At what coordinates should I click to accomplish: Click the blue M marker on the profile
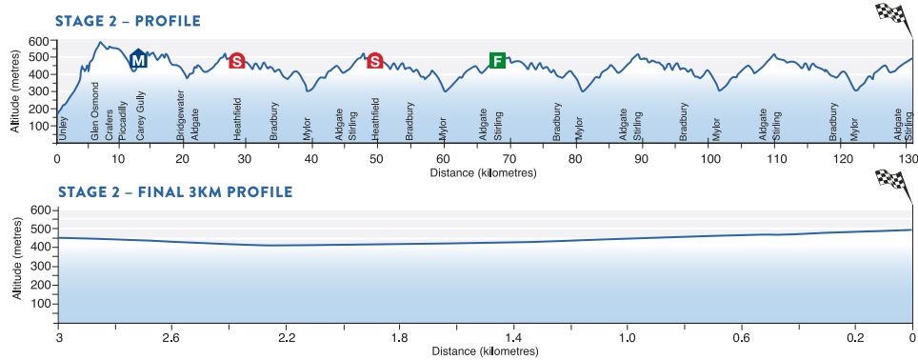(x=139, y=60)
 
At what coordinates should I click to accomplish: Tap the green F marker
(x=496, y=61)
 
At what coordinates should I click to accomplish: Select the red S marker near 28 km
(x=237, y=61)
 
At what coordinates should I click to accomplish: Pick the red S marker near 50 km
(x=375, y=61)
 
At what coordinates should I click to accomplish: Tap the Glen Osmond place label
(x=94, y=125)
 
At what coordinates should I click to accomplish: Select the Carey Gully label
(x=140, y=122)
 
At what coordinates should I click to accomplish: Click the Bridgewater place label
(x=180, y=117)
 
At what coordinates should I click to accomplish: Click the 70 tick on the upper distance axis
(x=509, y=158)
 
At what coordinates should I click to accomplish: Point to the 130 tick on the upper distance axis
(x=908, y=158)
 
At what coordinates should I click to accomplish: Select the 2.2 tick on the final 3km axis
(x=286, y=337)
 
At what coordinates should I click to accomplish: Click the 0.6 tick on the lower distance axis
(x=741, y=337)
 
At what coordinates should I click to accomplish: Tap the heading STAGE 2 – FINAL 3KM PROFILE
(x=175, y=191)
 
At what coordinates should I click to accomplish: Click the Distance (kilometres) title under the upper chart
(x=482, y=173)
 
